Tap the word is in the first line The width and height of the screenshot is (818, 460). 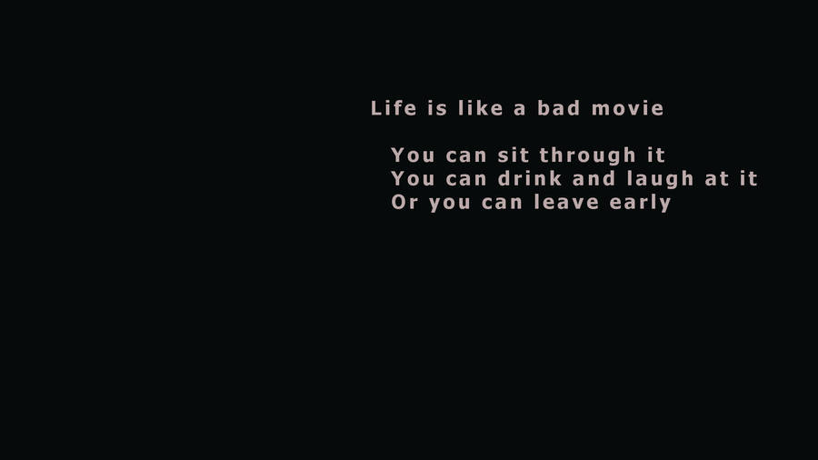point(437,108)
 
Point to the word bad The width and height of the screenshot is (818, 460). point(557,108)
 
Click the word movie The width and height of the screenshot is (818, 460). point(627,108)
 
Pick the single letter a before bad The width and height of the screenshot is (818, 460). point(520,109)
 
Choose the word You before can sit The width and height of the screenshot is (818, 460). point(414,155)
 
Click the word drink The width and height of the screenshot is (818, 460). point(530,178)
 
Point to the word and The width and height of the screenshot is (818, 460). point(594,178)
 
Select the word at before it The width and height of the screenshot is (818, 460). point(717,179)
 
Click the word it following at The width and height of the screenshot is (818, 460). point(749,178)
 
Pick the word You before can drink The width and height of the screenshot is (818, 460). point(414,178)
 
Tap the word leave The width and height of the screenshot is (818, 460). point(564,202)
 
